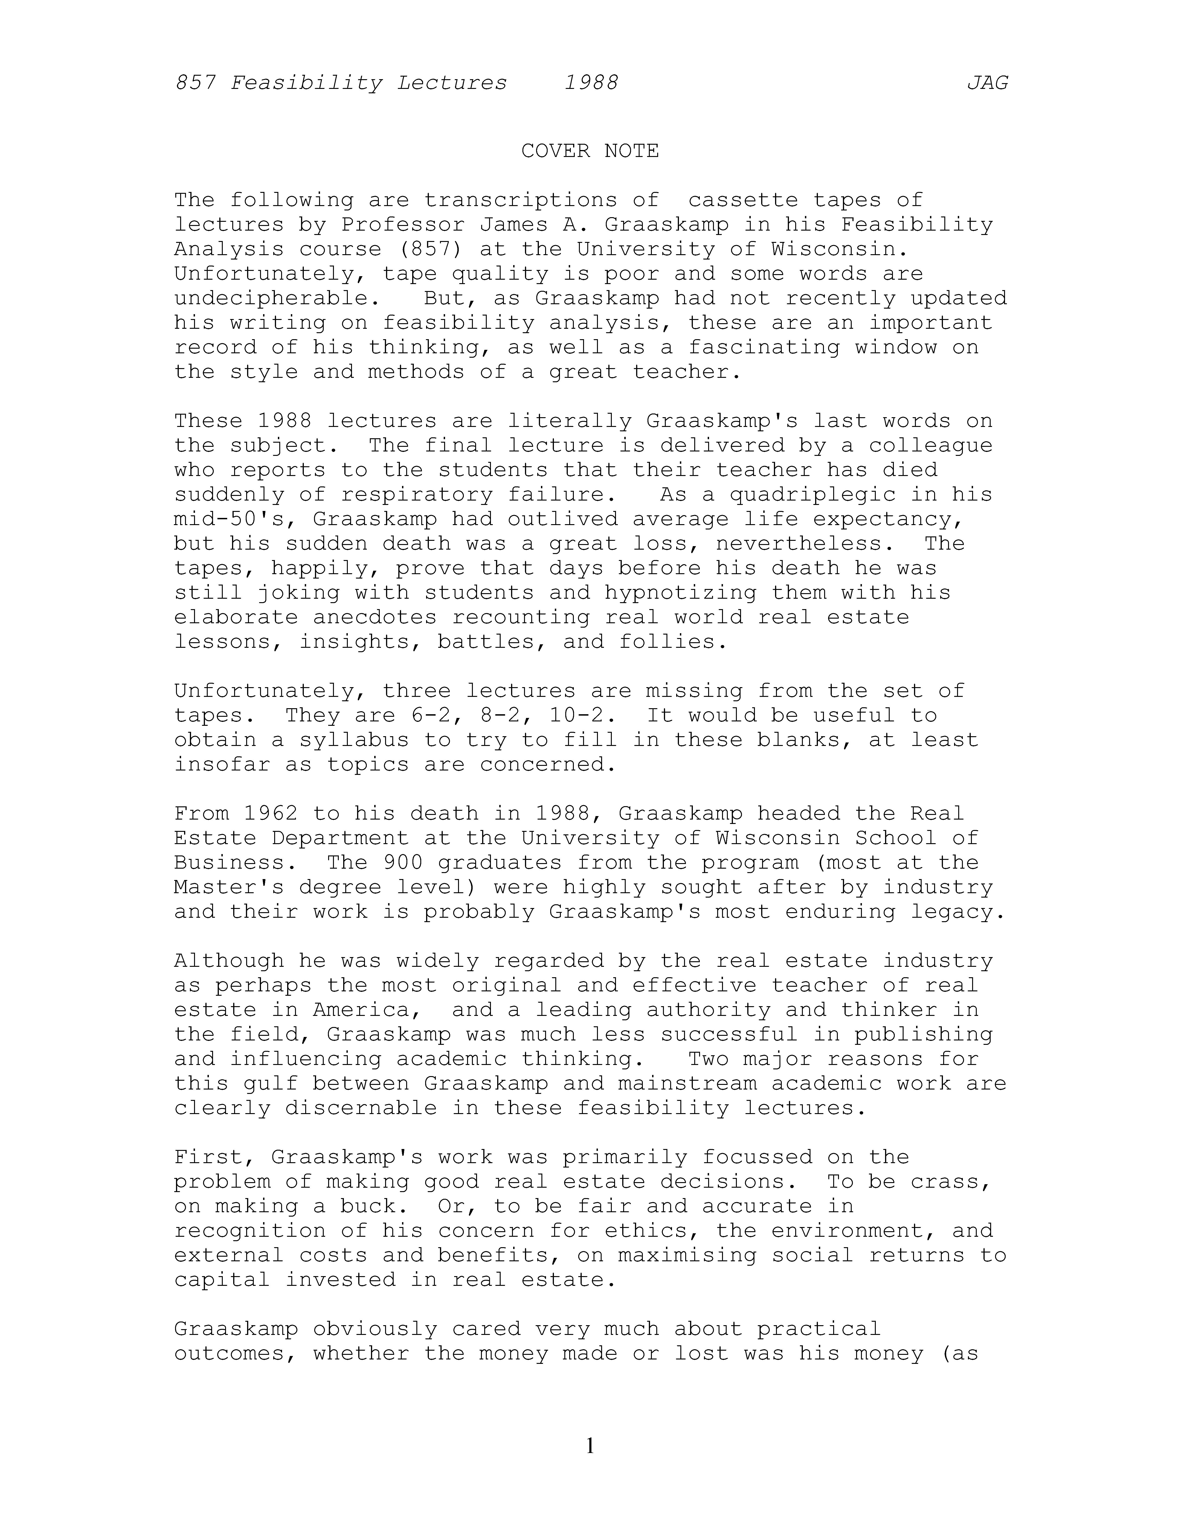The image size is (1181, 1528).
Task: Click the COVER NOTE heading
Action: pyautogui.click(x=590, y=151)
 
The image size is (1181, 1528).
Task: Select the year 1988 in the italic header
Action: pyautogui.click(x=591, y=83)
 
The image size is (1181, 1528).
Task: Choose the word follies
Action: pyautogui.click(x=673, y=642)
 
